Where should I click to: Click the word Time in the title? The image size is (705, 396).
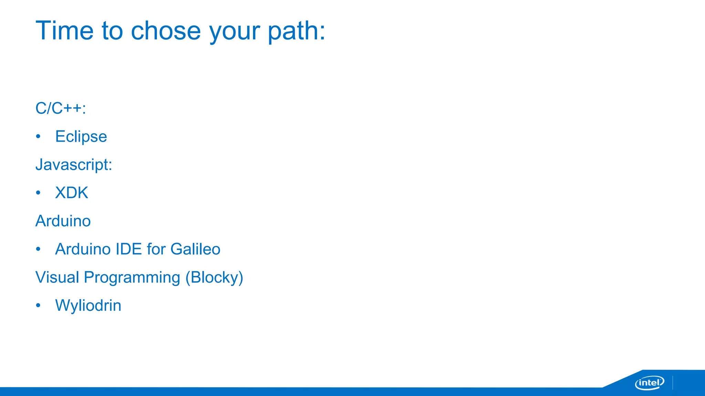pos(64,31)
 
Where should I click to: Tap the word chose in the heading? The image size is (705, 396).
pos(166,31)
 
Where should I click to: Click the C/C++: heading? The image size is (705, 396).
pos(61,108)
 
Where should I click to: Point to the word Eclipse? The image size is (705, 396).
pos(81,137)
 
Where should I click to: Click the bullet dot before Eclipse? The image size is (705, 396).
pos(38,136)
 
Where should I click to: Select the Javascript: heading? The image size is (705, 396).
pos(74,165)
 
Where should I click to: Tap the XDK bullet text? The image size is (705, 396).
pos(72,193)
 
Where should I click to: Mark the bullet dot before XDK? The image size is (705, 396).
pos(38,193)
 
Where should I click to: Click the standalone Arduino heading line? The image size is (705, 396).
pos(63,221)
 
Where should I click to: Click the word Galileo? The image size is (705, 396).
pos(195,249)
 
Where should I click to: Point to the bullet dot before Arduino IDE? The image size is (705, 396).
pos(38,249)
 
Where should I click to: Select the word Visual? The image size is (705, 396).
pos(57,277)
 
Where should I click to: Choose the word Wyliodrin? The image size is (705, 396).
pos(88,306)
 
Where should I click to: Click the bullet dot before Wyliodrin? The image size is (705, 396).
pos(38,305)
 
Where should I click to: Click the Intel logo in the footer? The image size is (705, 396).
pos(649,383)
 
